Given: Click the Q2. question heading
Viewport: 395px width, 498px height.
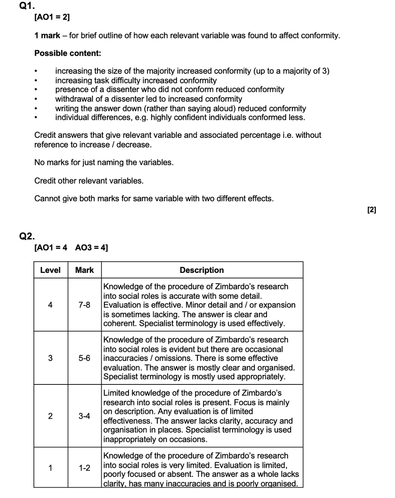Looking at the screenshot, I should point(27,236).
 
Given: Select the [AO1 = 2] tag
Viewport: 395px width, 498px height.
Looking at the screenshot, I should point(52,17).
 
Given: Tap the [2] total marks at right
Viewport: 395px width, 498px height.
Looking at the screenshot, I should point(371,210).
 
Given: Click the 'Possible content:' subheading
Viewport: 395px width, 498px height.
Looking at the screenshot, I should point(67,53).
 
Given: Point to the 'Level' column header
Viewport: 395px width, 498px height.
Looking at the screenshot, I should point(50,270).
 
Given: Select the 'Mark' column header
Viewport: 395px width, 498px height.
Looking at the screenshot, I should point(84,270).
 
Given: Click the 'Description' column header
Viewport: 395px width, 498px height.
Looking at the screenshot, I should point(201,270).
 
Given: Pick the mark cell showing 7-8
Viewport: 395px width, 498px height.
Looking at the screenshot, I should point(84,305).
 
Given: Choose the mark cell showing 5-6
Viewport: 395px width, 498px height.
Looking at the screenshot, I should point(84,358).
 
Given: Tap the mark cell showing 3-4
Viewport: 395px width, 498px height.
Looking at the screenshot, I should point(84,416).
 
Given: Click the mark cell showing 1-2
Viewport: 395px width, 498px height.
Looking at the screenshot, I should point(84,468).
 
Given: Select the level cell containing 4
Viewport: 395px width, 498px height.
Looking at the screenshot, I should point(50,305).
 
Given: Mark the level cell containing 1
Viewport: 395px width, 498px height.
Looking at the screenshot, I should point(50,468).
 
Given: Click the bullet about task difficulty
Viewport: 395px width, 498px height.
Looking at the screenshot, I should point(136,80).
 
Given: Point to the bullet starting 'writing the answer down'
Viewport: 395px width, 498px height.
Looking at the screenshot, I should point(180,108).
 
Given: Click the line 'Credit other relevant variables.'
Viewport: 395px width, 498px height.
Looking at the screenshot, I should point(89,181).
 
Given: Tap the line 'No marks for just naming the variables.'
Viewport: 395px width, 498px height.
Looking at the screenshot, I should point(104,163).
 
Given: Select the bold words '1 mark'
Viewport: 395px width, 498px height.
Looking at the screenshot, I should point(47,35).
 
